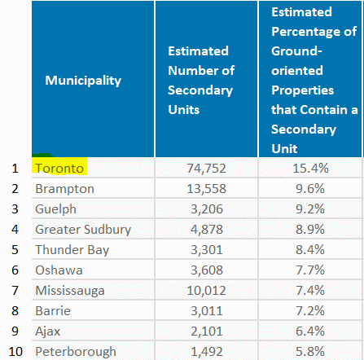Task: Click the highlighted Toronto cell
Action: click(59, 169)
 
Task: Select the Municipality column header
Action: click(83, 81)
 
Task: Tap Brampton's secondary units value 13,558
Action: click(206, 189)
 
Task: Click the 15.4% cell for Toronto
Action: click(310, 169)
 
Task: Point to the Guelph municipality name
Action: click(55, 209)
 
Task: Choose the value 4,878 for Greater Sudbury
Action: click(207, 230)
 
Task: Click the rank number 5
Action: click(15, 250)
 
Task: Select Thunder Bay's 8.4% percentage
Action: click(310, 250)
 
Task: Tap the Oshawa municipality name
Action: click(59, 270)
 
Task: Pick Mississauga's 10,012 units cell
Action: click(206, 291)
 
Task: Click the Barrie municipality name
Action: click(53, 311)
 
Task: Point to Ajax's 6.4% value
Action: click(310, 331)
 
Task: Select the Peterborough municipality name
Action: click(76, 352)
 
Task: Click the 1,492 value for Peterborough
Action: click(207, 352)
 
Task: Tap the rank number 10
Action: click(15, 352)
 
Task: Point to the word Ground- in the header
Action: click(296, 51)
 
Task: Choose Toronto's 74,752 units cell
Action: click(206, 169)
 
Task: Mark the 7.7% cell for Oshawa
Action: click(310, 270)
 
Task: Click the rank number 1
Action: click(15, 169)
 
